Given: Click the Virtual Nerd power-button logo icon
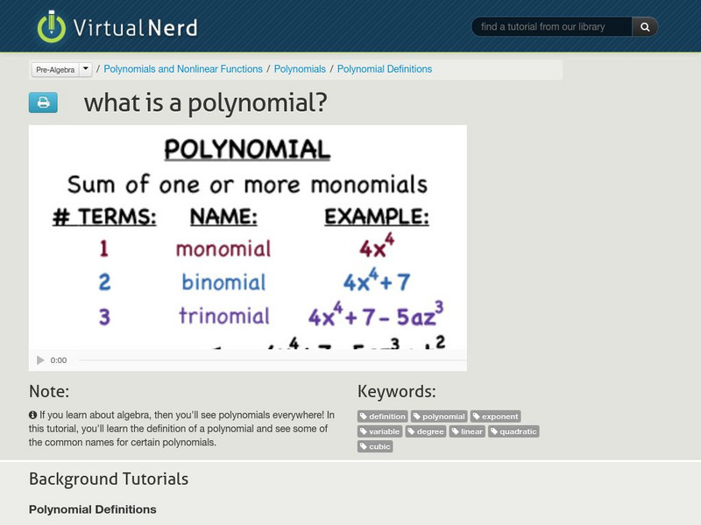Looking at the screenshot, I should [x=52, y=26].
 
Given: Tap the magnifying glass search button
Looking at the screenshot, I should [x=645, y=27].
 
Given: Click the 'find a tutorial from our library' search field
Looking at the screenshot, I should [x=552, y=27].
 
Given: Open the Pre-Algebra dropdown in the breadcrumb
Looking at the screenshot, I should [x=61, y=69].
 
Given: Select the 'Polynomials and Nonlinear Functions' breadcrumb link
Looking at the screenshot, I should [x=183, y=69].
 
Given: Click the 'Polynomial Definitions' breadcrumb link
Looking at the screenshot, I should [x=385, y=69].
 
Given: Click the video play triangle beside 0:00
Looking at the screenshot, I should [x=40, y=360].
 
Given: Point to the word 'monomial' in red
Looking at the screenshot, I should [x=223, y=248].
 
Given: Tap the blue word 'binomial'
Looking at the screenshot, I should [x=223, y=282].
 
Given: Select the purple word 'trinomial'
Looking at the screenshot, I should [x=224, y=315].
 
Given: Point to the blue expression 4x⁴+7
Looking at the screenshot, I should [x=377, y=281].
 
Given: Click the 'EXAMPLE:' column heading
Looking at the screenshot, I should [x=377, y=217].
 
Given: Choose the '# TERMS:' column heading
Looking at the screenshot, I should [x=104, y=217].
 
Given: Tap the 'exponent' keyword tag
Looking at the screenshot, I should [x=496, y=416].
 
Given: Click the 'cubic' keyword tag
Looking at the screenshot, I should [x=375, y=446].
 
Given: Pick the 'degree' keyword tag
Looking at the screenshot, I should [x=427, y=431].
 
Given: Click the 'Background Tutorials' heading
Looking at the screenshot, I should [x=109, y=479].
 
